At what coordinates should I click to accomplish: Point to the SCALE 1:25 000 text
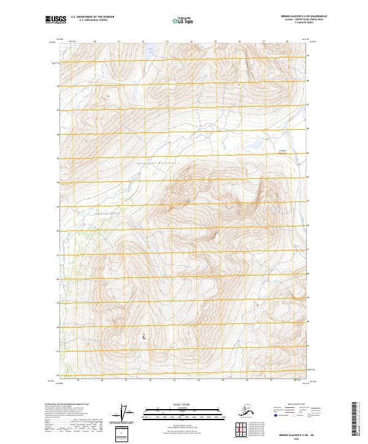[x=183, y=404]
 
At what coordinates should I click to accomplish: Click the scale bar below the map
[x=183, y=413]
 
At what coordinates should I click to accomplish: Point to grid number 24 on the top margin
[x=191, y=42]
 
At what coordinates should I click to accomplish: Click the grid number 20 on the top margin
[x=95, y=42]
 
